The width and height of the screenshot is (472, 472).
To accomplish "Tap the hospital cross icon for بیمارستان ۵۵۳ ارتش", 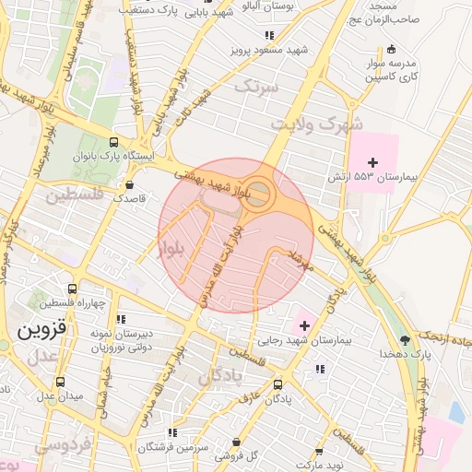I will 372,162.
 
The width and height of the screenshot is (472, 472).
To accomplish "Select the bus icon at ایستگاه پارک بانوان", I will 113,143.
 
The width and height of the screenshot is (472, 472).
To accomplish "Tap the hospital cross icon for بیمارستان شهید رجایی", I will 304,326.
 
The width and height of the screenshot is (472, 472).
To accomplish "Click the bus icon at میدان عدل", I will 60,382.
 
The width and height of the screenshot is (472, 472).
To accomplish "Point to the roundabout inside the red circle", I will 261,195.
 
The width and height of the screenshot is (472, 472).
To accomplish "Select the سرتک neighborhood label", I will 256,87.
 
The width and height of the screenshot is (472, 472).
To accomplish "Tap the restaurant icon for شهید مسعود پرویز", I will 268,35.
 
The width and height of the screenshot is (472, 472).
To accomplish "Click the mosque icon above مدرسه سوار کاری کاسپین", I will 392,48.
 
